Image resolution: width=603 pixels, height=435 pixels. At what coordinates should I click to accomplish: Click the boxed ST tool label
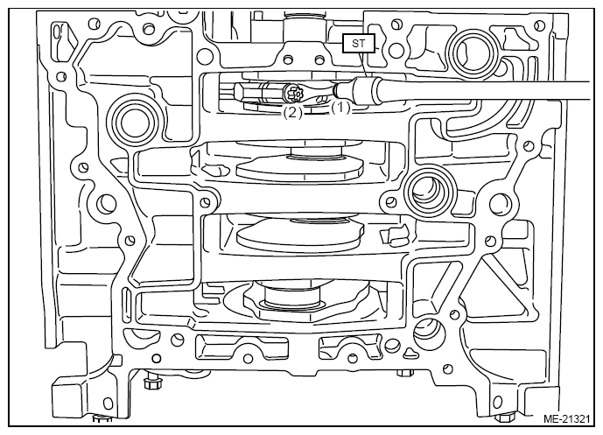click(359, 43)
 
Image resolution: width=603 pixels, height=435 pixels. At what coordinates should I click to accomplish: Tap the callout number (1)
click(341, 109)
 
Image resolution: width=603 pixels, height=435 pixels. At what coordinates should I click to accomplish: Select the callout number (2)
click(292, 113)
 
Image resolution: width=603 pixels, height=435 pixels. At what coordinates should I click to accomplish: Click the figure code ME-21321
click(566, 419)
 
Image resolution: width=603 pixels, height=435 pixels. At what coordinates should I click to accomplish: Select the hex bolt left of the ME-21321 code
click(504, 417)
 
